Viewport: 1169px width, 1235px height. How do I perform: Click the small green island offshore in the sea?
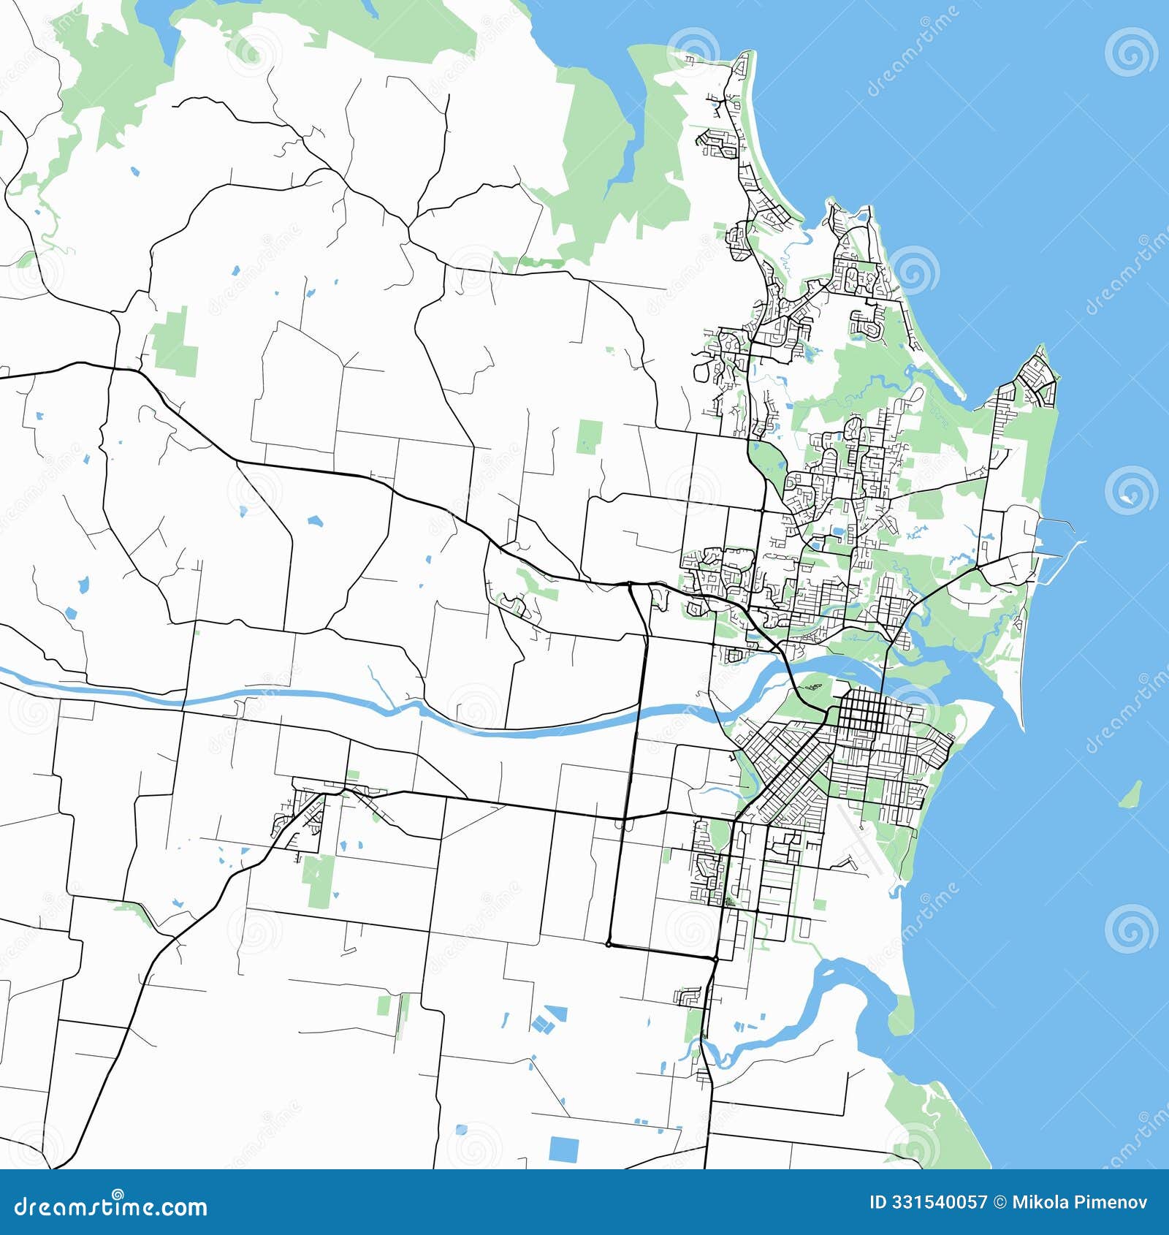point(1131,794)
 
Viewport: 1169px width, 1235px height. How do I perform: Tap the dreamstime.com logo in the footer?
point(111,1206)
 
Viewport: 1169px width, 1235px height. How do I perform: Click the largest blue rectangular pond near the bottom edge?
point(563,1149)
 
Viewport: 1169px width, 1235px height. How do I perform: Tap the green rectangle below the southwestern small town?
point(319,881)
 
